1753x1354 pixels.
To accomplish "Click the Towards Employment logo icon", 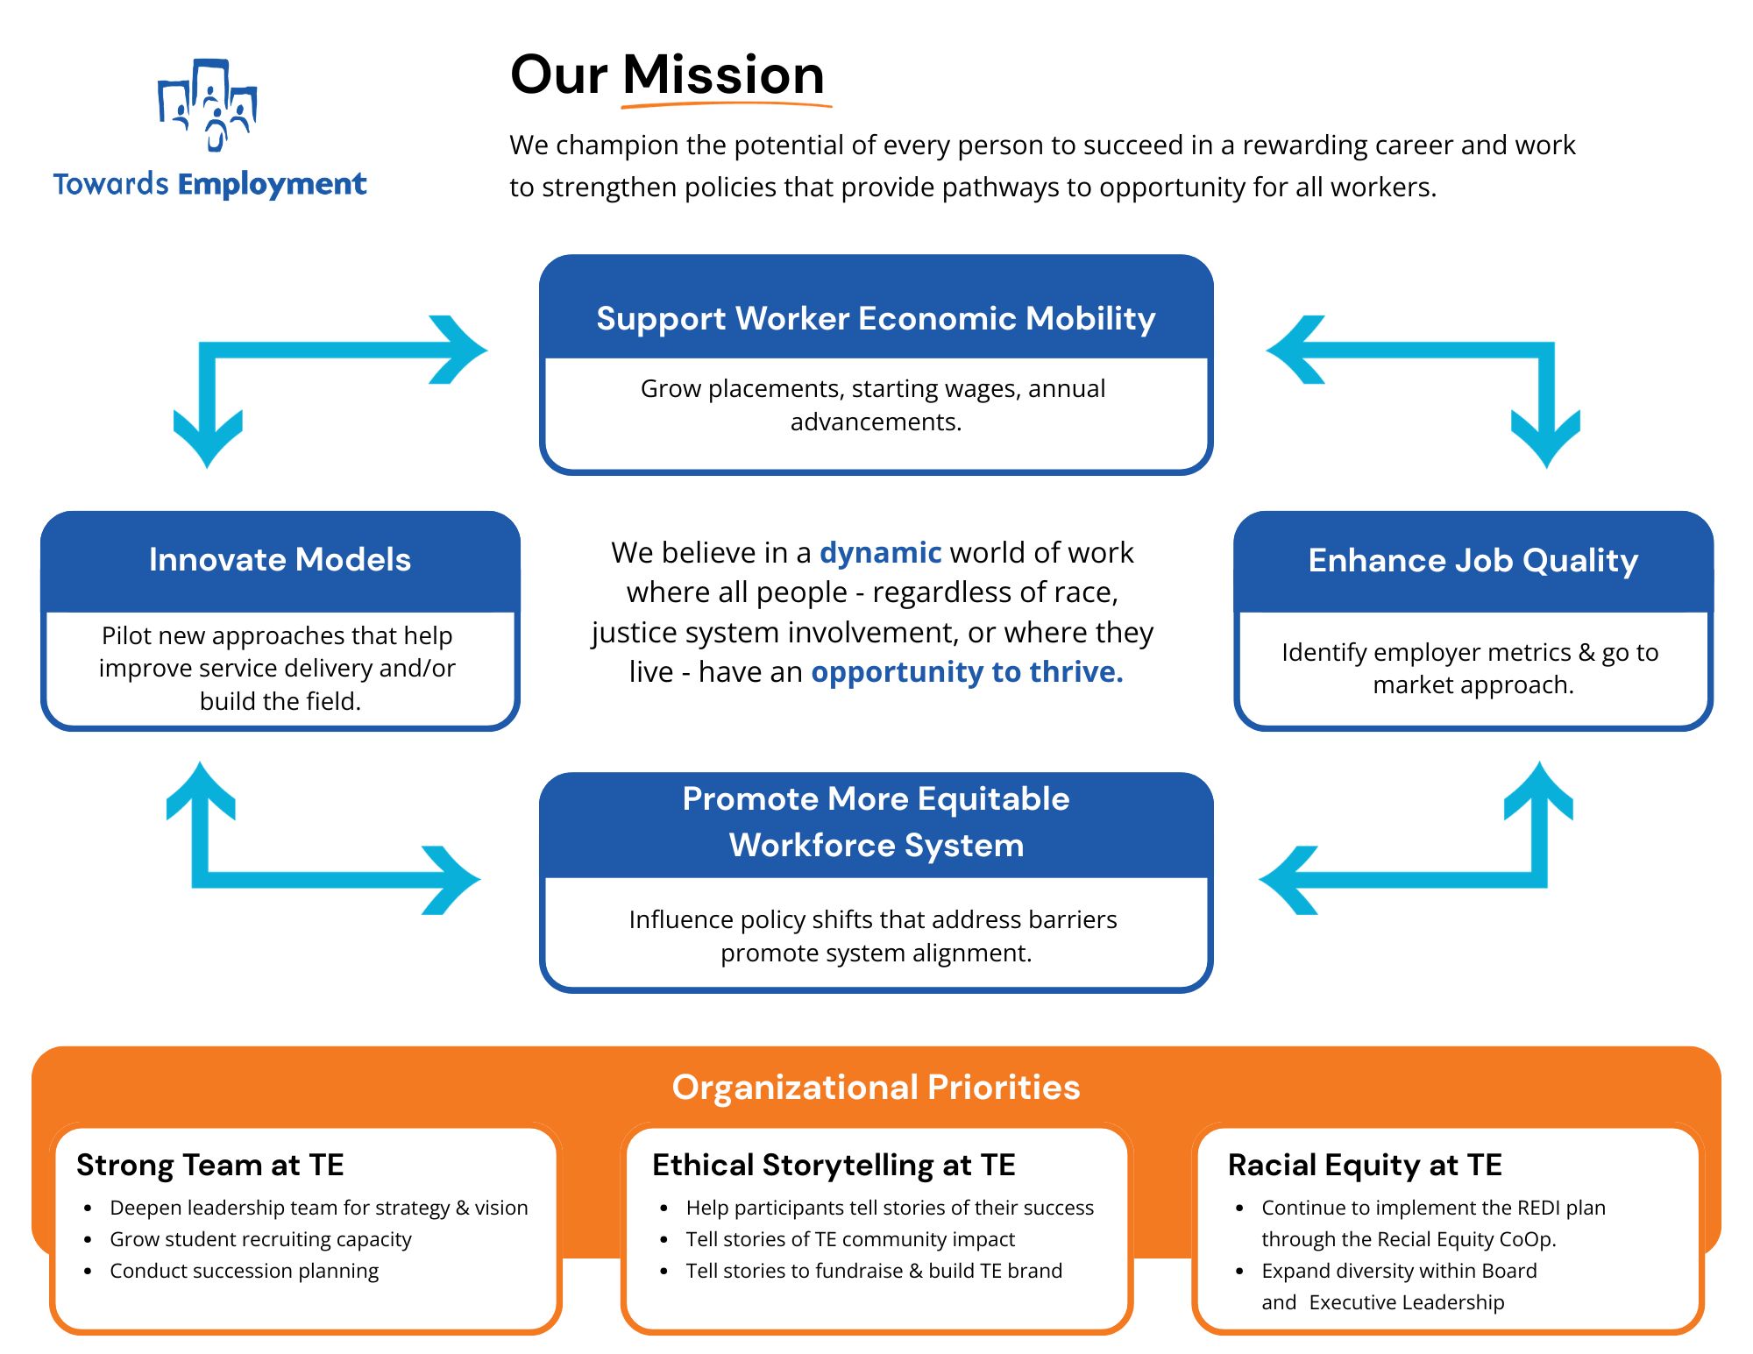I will click(208, 105).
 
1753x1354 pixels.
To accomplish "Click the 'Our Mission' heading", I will click(667, 74).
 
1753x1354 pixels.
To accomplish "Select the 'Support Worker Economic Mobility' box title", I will click(876, 318).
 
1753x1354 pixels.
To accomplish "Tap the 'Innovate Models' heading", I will click(280, 559).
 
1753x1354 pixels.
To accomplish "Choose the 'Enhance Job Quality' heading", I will click(1473, 560).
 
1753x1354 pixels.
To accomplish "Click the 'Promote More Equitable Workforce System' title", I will click(876, 822).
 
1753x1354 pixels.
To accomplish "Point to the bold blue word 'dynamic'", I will click(880, 552).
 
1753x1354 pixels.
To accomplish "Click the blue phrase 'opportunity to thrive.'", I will click(967, 671).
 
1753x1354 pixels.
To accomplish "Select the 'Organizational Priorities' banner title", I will click(876, 1087).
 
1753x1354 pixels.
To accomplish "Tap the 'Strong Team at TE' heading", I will click(210, 1165).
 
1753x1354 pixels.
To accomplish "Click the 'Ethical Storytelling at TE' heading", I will click(834, 1165).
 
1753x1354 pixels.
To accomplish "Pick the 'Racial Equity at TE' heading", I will click(1365, 1165).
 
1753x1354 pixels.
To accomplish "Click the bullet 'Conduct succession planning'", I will click(244, 1271).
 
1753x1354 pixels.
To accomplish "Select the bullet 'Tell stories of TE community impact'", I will click(849, 1239).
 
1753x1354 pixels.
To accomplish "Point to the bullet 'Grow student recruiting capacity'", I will click(260, 1239).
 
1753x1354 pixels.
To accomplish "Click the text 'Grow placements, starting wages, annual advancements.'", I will click(873, 405).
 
